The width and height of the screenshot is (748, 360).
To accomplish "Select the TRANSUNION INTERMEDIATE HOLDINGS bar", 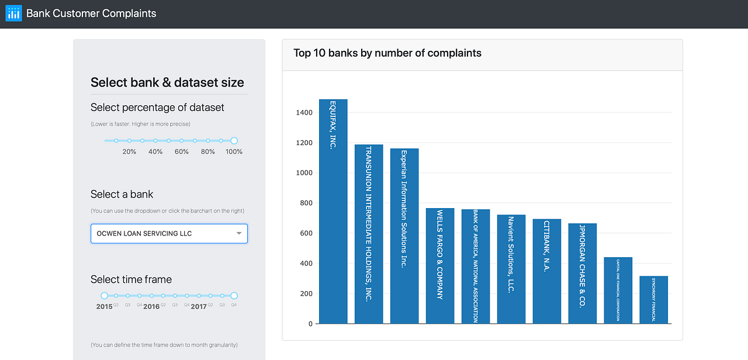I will tap(369, 234).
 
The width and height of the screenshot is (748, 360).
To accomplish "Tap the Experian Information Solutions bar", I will tap(404, 236).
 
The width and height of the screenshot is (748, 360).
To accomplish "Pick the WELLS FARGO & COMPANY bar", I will tap(440, 266).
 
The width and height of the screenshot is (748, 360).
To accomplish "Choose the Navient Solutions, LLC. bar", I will tap(511, 269).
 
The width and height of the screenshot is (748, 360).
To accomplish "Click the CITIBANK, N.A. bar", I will tap(547, 271).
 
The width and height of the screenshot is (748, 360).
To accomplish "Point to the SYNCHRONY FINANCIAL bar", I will tap(654, 300).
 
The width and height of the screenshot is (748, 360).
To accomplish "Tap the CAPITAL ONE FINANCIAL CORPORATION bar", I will tap(618, 290).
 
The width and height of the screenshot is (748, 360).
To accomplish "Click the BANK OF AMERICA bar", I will tap(476, 266).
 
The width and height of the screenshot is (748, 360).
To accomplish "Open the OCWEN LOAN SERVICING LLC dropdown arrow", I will tap(239, 234).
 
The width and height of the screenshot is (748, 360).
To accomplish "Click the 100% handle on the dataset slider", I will tap(234, 140).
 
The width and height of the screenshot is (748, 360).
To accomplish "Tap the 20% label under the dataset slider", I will tap(129, 152).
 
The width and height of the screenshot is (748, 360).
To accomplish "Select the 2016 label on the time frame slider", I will tap(151, 306).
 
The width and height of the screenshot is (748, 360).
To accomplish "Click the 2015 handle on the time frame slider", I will tap(105, 296).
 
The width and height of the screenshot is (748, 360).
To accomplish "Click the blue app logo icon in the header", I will tap(13, 13).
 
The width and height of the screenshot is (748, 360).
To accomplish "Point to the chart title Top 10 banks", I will tap(387, 53).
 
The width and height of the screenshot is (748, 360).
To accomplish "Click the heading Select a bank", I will tap(122, 195).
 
